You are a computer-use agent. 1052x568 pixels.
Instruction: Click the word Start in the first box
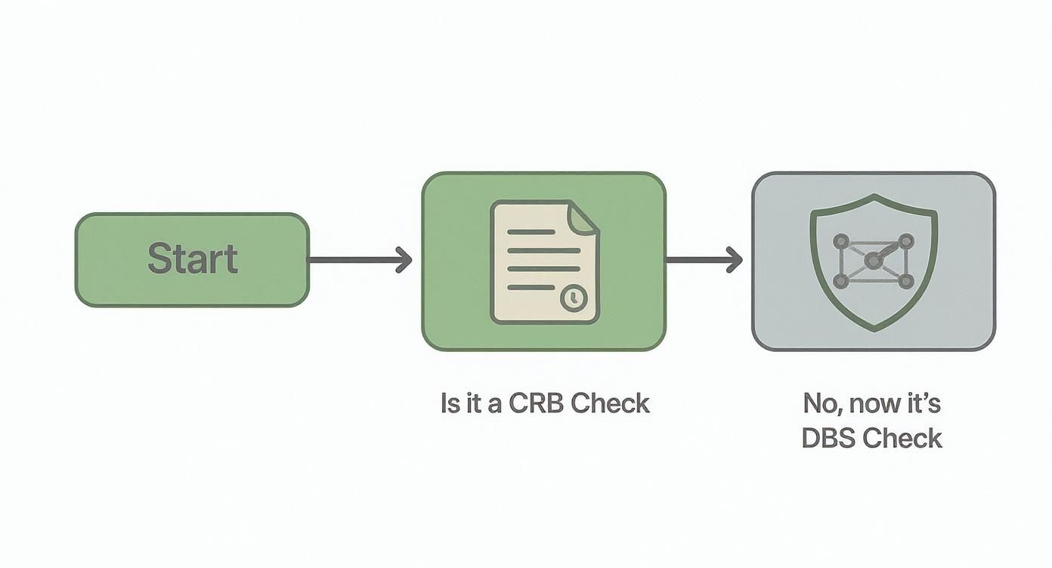[192, 259]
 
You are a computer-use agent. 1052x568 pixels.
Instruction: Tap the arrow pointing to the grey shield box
[703, 261]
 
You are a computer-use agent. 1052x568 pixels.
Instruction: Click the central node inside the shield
[873, 261]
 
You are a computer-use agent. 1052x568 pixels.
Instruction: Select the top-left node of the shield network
[840, 242]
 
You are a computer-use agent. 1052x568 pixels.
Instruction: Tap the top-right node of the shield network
[905, 242]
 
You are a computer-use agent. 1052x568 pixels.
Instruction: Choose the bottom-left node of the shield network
[840, 281]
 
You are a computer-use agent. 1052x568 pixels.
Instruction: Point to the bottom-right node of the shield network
[905, 281]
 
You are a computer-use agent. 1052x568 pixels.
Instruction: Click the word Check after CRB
[610, 403]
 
